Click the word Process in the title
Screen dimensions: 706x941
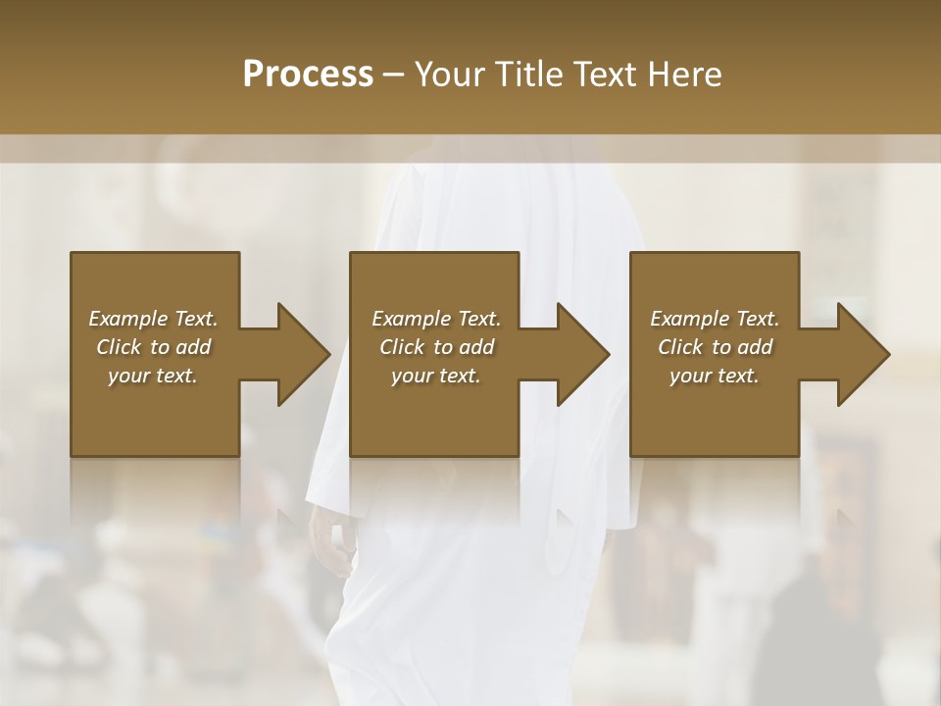pyautogui.click(x=308, y=75)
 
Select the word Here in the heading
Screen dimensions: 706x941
pyautogui.click(x=684, y=75)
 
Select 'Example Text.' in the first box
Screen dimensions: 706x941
pyautogui.click(x=153, y=319)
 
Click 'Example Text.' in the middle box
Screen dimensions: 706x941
pyautogui.click(x=436, y=319)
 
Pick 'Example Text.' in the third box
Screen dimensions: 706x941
pyautogui.click(x=715, y=319)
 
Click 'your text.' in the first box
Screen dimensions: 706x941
pyautogui.click(x=153, y=376)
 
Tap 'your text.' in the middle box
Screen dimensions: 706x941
pyautogui.click(x=436, y=376)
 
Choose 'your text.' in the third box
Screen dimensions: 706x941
pyautogui.click(x=715, y=376)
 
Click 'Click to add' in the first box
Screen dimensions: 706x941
pyautogui.click(x=153, y=347)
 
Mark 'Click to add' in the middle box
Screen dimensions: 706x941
pyautogui.click(x=436, y=347)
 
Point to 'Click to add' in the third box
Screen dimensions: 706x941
pyautogui.click(x=715, y=347)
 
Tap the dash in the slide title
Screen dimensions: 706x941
pyautogui.click(x=394, y=75)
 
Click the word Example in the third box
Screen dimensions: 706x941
pyautogui.click(x=689, y=319)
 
